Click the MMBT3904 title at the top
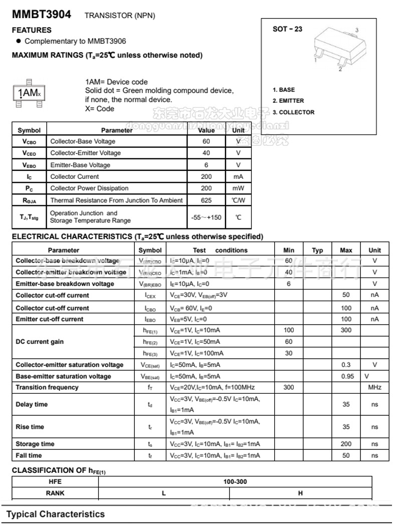[42, 15]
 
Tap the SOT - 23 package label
[287, 29]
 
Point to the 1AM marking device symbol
[29, 92]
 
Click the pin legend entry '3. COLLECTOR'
[294, 112]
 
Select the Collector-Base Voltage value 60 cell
[206, 141]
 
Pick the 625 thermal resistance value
[206, 200]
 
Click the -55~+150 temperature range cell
[206, 217]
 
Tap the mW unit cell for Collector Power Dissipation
[238, 188]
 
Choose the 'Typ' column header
[318, 250]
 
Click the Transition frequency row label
[47, 387]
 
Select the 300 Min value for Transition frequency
[289, 387]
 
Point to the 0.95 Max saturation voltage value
[346, 376]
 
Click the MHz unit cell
[375, 387]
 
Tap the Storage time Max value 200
[346, 444]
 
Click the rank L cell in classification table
[164, 493]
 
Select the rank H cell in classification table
[301, 493]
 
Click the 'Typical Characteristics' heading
[56, 514]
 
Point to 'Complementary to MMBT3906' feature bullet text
[75, 41]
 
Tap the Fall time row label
[29, 455]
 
